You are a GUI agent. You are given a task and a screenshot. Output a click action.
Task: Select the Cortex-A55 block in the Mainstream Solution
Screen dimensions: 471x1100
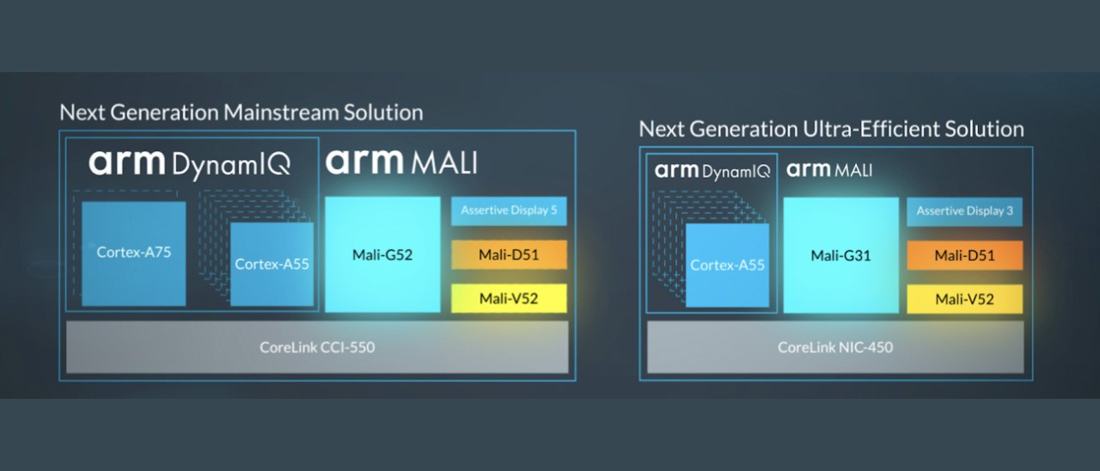(x=272, y=264)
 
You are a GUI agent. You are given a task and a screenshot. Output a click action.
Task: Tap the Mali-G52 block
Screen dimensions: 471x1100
(x=382, y=254)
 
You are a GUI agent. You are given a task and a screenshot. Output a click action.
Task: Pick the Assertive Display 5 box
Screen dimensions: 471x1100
(x=509, y=211)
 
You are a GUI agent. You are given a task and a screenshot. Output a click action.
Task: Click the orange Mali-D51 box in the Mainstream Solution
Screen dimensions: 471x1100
(x=509, y=255)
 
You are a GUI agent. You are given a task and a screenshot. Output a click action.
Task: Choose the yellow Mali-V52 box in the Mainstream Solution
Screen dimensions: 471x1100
(x=509, y=298)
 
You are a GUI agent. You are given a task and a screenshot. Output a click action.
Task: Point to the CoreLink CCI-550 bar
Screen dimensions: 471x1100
(x=317, y=347)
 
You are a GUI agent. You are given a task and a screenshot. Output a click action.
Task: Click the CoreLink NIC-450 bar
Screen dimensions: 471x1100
(x=834, y=347)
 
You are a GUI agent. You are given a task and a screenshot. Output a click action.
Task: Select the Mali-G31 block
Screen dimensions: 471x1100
(x=840, y=255)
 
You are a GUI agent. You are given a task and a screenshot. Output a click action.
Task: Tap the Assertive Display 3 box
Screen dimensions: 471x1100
(x=964, y=211)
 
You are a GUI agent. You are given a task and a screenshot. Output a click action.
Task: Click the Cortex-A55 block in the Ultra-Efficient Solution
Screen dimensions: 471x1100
(x=727, y=265)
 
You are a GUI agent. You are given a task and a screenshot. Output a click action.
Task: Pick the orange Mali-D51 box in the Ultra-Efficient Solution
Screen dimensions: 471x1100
(x=964, y=255)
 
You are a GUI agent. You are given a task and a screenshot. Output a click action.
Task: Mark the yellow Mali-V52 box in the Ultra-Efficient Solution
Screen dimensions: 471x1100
(x=964, y=299)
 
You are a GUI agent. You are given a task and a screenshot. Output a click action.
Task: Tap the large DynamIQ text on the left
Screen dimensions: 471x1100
(x=231, y=162)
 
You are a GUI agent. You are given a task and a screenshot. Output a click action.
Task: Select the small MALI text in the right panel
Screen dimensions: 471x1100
(x=853, y=170)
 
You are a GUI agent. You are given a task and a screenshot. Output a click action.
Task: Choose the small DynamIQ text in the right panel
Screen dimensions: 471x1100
(x=736, y=171)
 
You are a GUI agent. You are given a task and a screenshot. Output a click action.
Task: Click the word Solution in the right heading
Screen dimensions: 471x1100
(x=981, y=130)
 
